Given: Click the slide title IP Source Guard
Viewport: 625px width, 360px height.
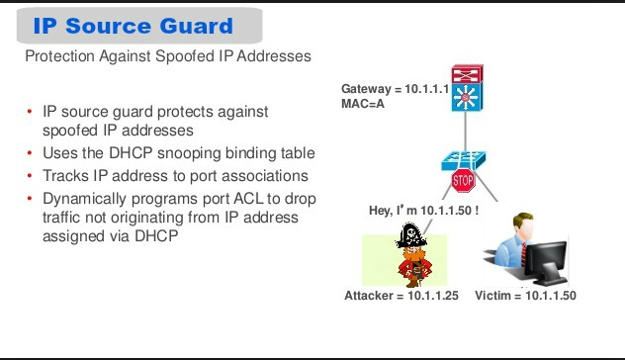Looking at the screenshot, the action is coord(133,26).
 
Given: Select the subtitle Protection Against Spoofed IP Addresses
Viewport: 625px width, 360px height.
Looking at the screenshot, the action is coord(167,56).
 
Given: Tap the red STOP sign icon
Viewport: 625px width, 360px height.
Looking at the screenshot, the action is coord(463,181).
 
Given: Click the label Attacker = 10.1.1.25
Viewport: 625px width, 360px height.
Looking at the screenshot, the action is coord(402,296).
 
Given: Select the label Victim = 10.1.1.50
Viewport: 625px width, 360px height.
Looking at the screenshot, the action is coord(525,296).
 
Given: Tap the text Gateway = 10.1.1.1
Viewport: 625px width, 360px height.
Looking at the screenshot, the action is coord(396,88).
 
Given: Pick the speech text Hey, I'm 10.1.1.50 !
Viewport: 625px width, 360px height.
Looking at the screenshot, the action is coord(423,211).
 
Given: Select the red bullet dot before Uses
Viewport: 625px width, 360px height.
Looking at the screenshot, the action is coord(30,153).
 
